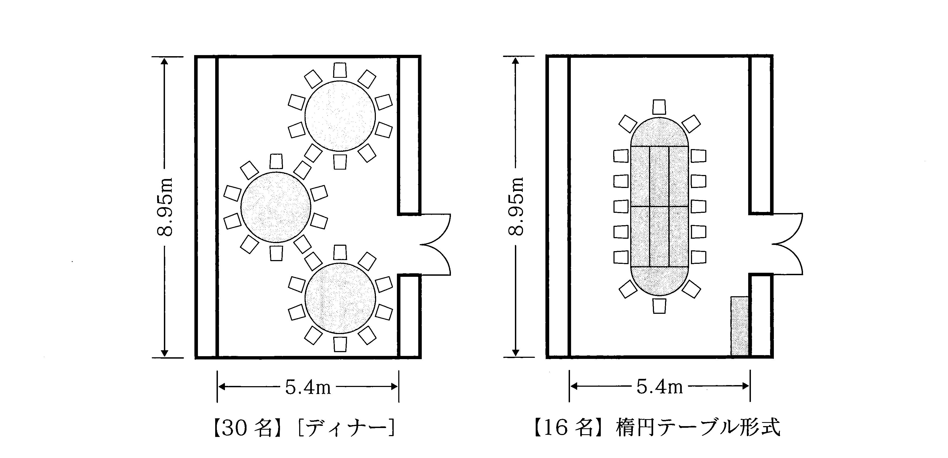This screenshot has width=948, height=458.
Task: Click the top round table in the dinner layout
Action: [x=340, y=116]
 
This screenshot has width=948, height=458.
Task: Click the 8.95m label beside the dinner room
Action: [x=164, y=207]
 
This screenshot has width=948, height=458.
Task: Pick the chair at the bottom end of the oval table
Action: [x=659, y=306]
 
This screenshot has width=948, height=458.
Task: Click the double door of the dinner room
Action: [x=434, y=244]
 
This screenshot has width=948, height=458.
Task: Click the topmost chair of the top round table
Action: [x=340, y=70]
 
